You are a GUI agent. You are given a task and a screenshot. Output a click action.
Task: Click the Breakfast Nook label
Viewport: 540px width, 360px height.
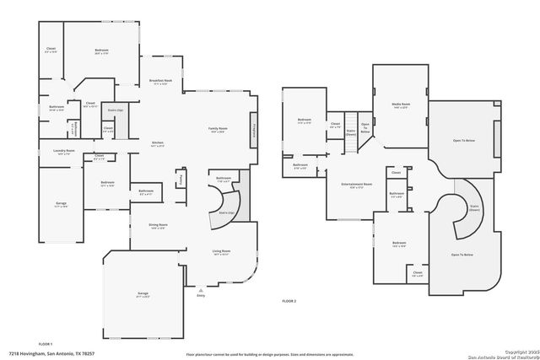(x=162, y=81)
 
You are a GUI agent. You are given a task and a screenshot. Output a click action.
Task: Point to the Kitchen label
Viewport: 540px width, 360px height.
(x=158, y=143)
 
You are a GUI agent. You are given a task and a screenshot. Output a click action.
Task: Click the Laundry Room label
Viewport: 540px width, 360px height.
(x=64, y=152)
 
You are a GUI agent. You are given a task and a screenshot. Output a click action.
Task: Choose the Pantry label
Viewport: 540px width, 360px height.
(x=180, y=180)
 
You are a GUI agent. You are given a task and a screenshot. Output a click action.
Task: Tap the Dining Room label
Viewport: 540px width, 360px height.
(x=159, y=226)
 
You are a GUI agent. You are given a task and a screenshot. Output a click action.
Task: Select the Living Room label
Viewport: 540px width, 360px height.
(x=221, y=251)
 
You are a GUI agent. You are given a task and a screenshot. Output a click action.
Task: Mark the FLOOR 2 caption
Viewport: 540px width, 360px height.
(x=290, y=301)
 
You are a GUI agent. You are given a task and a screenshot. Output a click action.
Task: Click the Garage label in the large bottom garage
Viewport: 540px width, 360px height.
(x=143, y=294)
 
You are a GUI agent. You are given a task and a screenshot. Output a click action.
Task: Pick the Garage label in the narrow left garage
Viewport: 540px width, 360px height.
(x=62, y=203)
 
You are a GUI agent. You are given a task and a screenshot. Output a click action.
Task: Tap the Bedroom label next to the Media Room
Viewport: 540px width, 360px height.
(x=304, y=121)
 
